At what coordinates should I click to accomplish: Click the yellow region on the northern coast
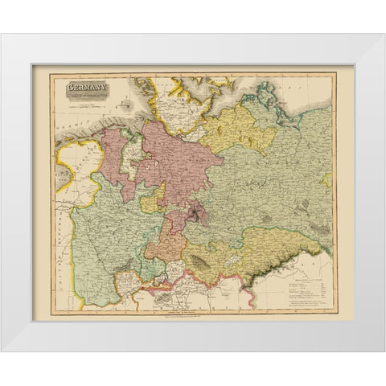pyautogui.click(x=233, y=129)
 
